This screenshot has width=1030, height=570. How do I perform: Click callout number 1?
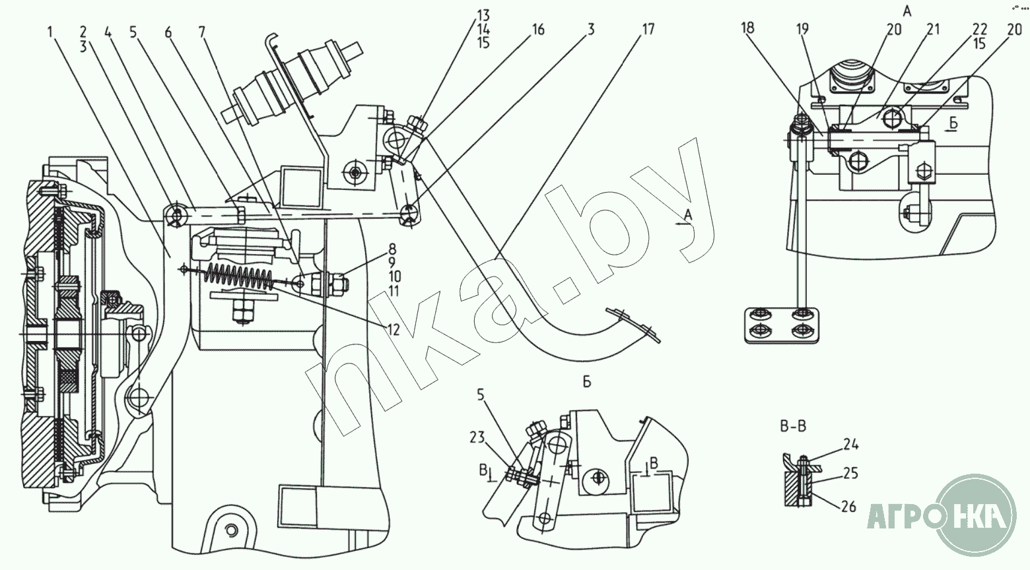point(51,30)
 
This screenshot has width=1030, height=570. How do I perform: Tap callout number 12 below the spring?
point(394,329)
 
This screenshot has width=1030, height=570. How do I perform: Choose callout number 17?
point(647,30)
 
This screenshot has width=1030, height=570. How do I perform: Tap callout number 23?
point(477,437)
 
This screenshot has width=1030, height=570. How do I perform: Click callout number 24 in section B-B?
point(850,445)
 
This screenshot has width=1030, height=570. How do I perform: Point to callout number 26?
point(849,507)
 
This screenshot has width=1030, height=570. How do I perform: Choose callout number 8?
point(392,250)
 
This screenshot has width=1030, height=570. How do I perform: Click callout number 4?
point(109,31)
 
